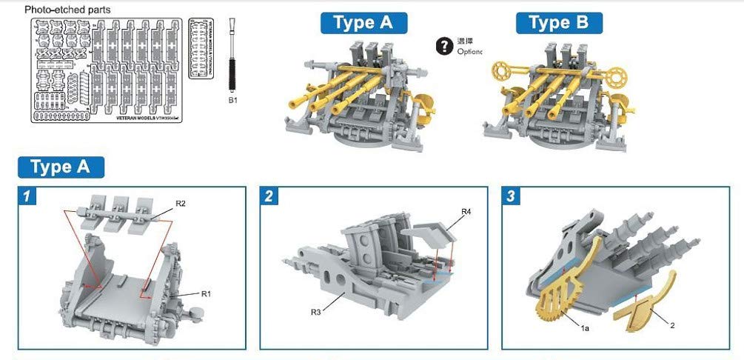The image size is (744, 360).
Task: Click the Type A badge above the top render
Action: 363,22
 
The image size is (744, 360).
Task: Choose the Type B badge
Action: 559,22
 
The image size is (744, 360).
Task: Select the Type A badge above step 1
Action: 61,167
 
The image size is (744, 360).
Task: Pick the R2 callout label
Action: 181,202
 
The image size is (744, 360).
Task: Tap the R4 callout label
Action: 465,212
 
